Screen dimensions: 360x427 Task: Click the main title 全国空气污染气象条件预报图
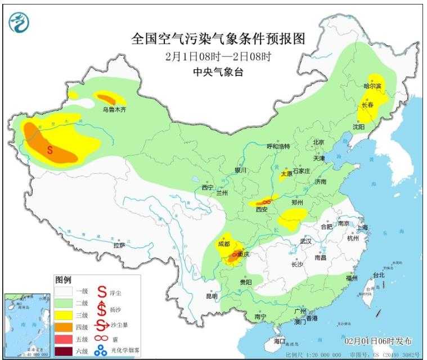218,39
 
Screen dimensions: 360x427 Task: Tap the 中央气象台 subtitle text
218,71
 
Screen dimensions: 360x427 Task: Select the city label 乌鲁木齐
114,110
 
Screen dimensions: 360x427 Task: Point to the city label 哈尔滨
372,86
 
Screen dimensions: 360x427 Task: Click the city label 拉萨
119,245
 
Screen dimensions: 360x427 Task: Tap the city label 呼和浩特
277,146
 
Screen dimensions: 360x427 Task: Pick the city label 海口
280,341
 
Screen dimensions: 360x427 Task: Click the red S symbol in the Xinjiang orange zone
50,150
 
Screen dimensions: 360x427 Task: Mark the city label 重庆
243,254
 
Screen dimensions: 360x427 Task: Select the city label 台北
379,275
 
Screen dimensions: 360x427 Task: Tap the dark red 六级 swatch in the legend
66,353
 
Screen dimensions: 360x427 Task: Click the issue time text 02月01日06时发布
378,341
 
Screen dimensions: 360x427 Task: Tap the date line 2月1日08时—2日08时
218,56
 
